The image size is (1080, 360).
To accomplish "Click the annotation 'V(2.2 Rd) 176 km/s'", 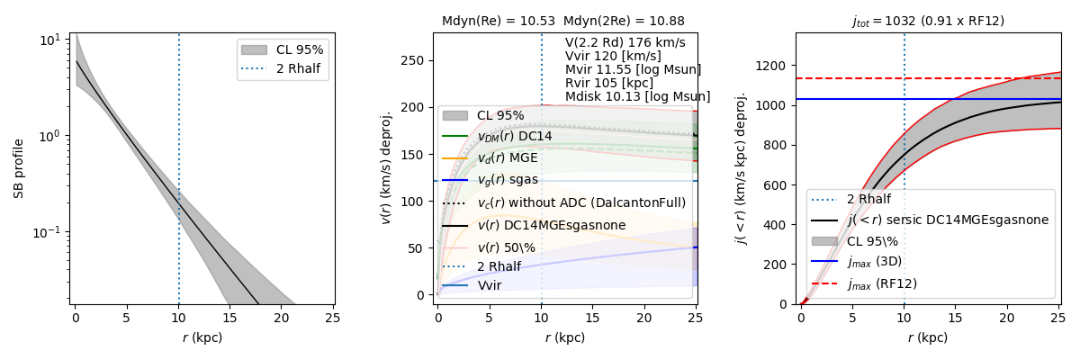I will coord(625,42).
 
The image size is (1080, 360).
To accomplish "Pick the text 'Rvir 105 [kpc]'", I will coord(609,83).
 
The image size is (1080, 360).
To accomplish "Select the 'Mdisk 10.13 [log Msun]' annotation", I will coord(637,96).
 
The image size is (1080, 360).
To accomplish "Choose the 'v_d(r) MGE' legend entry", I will coord(507,157).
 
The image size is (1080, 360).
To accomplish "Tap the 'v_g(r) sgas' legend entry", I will coord(507,180).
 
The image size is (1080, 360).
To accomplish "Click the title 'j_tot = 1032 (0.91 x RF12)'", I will coord(927,21).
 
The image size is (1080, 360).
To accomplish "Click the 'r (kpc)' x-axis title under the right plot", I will coord(927,338).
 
